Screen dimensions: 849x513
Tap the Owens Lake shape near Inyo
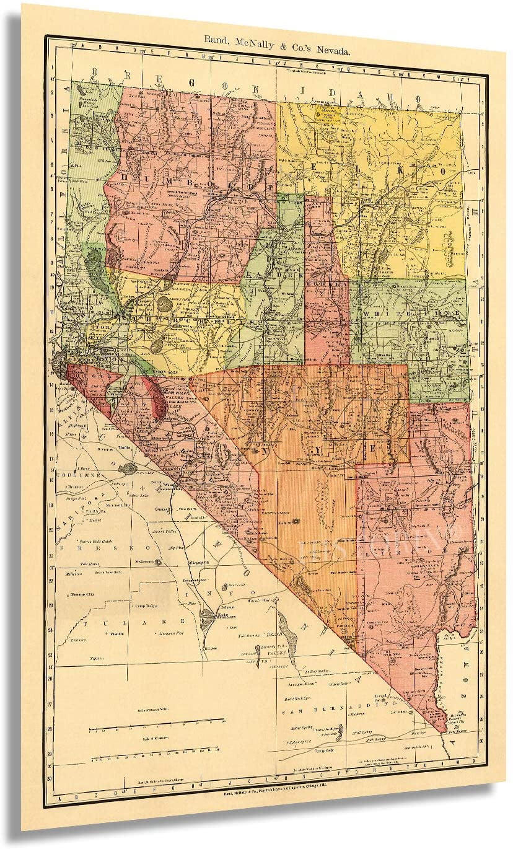click(x=207, y=617)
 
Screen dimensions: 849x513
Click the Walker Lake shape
click(x=157, y=401)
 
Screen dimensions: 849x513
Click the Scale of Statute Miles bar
click(x=156, y=721)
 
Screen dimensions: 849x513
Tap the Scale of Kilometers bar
click(x=156, y=757)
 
